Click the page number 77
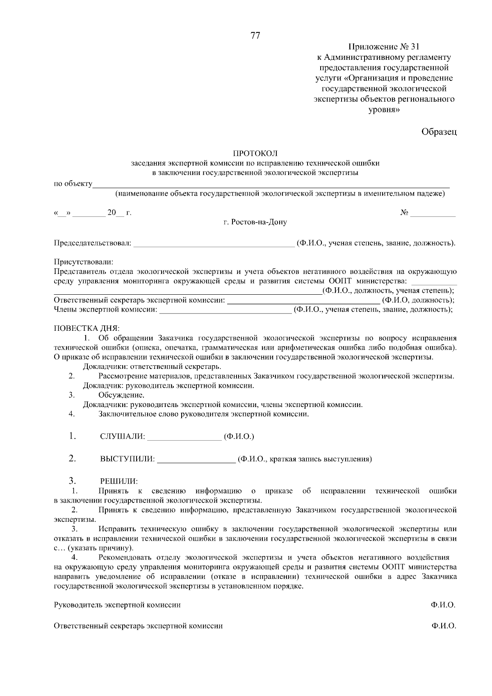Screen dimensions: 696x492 (255, 36)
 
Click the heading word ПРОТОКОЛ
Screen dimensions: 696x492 (255, 153)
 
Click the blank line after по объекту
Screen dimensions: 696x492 (271, 185)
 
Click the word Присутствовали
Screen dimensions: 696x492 (83, 262)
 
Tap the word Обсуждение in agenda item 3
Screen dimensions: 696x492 (121, 395)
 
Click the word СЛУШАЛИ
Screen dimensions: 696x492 (123, 437)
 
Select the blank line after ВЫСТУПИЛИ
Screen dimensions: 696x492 (196, 460)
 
